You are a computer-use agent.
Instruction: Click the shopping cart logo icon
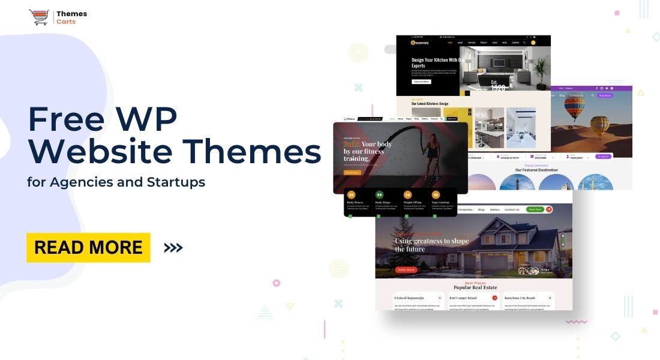coord(39,17)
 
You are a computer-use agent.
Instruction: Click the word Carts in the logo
coord(65,22)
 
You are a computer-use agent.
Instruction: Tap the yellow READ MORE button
coord(88,247)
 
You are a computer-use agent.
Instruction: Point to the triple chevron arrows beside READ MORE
coord(173,247)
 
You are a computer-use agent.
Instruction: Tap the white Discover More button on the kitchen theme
coord(421,82)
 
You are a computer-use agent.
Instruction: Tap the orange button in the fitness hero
coord(352,173)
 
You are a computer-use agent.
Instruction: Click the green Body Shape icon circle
coord(379,194)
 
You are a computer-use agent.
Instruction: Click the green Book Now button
coord(534,209)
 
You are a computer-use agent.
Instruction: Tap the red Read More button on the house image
coord(406,270)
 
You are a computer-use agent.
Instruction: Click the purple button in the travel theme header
coord(604,95)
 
